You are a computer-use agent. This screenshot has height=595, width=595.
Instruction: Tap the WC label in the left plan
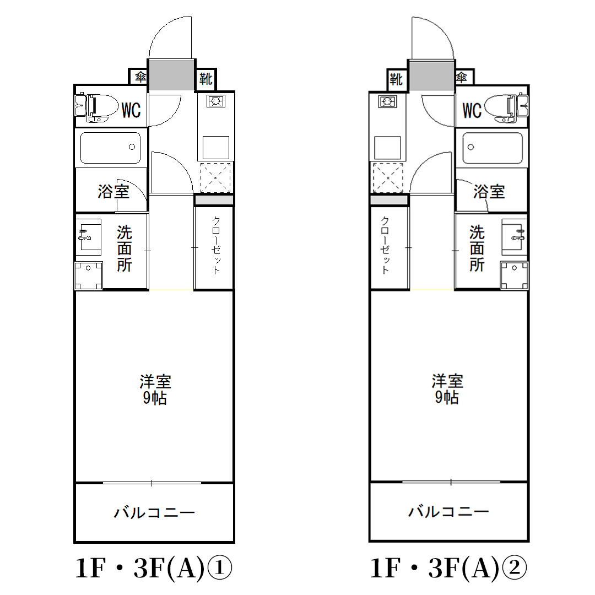pyautogui.click(x=131, y=110)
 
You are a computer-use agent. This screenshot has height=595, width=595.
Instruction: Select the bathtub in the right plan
pyautogui.click(x=492, y=148)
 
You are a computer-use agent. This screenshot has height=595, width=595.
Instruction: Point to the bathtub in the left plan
pyautogui.click(x=110, y=148)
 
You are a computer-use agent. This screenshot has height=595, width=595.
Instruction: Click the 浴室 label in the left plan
pyautogui.click(x=113, y=192)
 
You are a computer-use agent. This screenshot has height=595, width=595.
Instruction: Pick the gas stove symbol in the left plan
pyautogui.click(x=215, y=101)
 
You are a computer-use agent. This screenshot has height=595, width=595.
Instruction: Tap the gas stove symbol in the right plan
pyautogui.click(x=388, y=101)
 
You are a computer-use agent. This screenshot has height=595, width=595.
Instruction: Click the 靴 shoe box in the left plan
pyautogui.click(x=205, y=79)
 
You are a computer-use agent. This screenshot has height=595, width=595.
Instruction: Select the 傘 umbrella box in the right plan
pyautogui.click(x=462, y=78)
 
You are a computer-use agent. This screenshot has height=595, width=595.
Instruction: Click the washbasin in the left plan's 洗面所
pyautogui.click(x=89, y=235)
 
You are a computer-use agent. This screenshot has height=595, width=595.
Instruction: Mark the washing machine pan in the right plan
pyautogui.click(x=513, y=275)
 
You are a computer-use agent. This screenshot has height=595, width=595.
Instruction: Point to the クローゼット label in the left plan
pyautogui.click(x=216, y=245)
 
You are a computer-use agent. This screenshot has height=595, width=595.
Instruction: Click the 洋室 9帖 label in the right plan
pyautogui.click(x=447, y=389)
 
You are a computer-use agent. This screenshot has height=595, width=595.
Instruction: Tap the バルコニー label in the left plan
pyautogui.click(x=154, y=513)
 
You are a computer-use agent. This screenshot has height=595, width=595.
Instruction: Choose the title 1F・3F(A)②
pyautogui.click(x=448, y=569)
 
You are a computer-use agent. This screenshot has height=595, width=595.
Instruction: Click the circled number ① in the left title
pyautogui.click(x=220, y=569)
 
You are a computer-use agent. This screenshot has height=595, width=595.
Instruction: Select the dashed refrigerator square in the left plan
pyautogui.click(x=215, y=177)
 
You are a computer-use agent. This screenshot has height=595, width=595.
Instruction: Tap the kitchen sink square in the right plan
pyautogui.click(x=388, y=148)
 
